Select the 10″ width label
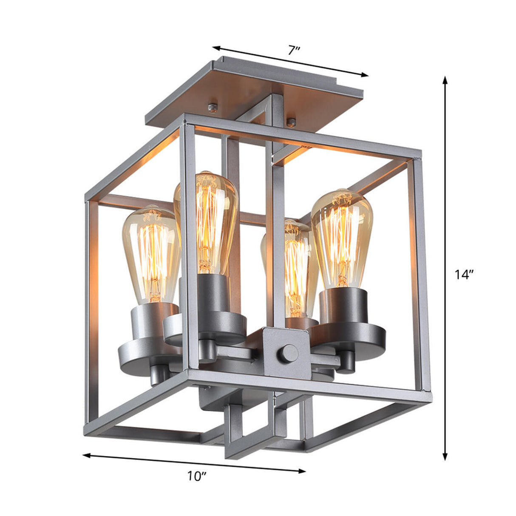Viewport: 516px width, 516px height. pyautogui.click(x=196, y=476)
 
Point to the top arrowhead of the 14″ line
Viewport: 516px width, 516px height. pyautogui.click(x=445, y=80)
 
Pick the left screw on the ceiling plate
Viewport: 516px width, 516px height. pyautogui.click(x=213, y=106)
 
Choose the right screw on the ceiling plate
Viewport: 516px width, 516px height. pyautogui.click(x=291, y=122)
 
